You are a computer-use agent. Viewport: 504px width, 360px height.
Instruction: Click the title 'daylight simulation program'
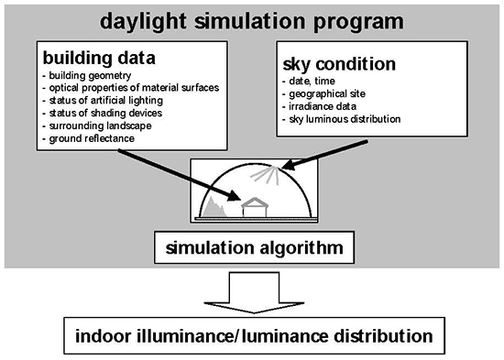click(x=252, y=19)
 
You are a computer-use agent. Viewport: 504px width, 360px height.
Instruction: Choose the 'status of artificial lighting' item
click(x=105, y=98)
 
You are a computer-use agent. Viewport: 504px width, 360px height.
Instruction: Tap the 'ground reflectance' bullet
click(x=89, y=136)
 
